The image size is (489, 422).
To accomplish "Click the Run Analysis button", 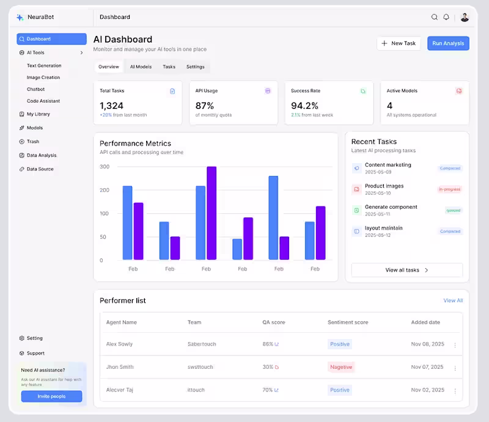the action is pyautogui.click(x=448, y=43).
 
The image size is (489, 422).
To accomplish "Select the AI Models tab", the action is pyautogui.click(x=141, y=67).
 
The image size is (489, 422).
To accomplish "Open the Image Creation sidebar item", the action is pyautogui.click(x=43, y=78).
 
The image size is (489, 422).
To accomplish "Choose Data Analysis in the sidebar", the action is pyautogui.click(x=42, y=155).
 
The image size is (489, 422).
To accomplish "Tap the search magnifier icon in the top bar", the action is pyautogui.click(x=435, y=17).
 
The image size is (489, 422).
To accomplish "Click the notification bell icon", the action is pyautogui.click(x=446, y=17).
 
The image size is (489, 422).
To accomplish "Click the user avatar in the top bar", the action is pyautogui.click(x=465, y=17).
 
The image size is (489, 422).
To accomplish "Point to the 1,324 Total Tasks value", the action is pyautogui.click(x=112, y=106).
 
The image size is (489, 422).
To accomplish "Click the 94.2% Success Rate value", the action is pyautogui.click(x=304, y=106).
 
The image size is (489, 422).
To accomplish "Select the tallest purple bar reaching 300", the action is pyautogui.click(x=211, y=213).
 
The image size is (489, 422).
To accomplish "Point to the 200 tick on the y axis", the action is pyautogui.click(x=105, y=190).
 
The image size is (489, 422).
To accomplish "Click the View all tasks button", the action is pyautogui.click(x=407, y=270).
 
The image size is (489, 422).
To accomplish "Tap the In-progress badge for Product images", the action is pyautogui.click(x=450, y=189).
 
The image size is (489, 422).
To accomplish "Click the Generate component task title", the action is pyautogui.click(x=391, y=207).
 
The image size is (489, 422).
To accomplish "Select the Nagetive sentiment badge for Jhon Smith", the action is pyautogui.click(x=341, y=367).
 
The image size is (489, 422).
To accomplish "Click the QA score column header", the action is pyautogui.click(x=274, y=322).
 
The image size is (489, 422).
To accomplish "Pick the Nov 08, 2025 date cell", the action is pyautogui.click(x=427, y=344).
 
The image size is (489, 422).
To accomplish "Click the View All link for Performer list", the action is pyautogui.click(x=453, y=300).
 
